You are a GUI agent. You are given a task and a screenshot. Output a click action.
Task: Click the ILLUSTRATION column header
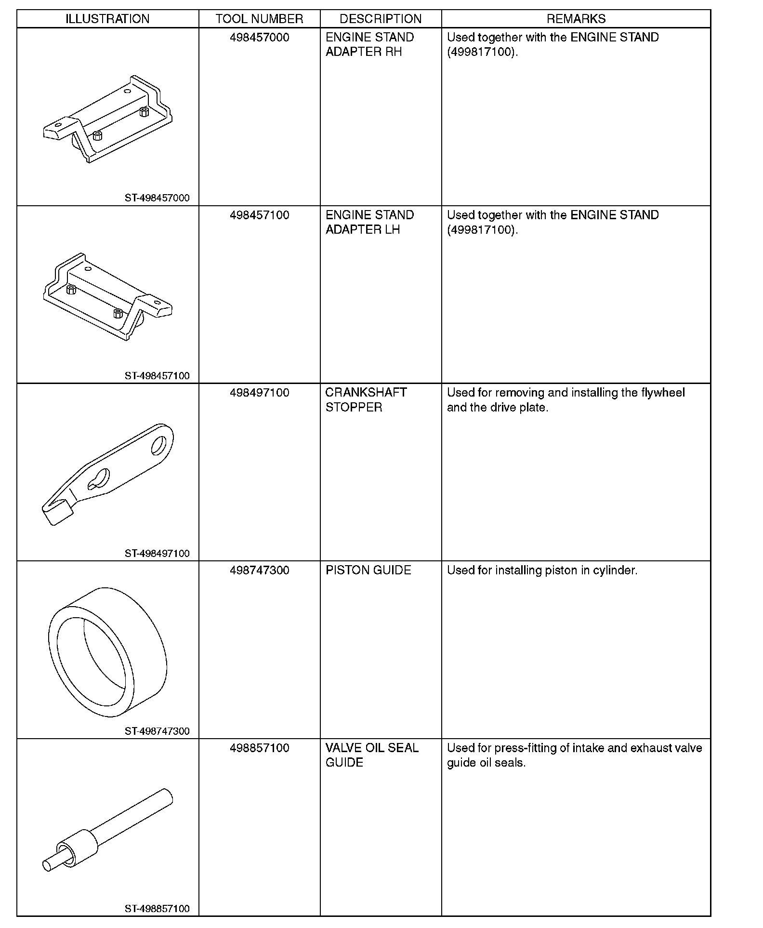click(107, 19)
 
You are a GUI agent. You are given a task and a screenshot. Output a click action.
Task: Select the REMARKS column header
click(576, 19)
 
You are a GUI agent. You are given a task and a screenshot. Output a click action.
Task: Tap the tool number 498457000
click(259, 38)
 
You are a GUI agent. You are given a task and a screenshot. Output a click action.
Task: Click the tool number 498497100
click(259, 393)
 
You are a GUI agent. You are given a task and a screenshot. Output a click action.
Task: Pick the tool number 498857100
click(259, 748)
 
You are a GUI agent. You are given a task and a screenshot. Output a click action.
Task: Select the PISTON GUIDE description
click(368, 570)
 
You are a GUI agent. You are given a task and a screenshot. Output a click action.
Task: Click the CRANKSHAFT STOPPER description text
click(366, 400)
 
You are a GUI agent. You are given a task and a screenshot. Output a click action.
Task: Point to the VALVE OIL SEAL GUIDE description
click(372, 755)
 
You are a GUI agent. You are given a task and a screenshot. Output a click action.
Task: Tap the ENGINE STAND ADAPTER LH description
click(369, 222)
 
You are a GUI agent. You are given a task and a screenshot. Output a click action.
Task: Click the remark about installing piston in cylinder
click(542, 570)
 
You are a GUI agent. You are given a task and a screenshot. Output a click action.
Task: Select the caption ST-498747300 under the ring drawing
click(157, 731)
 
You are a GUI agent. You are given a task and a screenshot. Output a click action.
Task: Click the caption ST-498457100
click(157, 376)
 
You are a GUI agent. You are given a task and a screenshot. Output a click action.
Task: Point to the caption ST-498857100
click(157, 909)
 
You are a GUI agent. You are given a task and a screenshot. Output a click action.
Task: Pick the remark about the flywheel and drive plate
click(566, 400)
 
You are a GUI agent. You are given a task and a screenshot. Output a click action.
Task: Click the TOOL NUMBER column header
click(259, 19)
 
